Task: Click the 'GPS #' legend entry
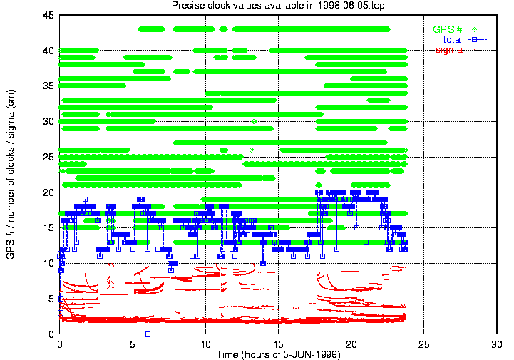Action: click(446, 29)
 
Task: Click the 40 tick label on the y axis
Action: click(48, 51)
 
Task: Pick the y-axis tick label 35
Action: click(48, 86)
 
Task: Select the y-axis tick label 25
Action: click(48, 157)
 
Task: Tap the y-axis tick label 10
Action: click(48, 263)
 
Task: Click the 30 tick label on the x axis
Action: click(498, 344)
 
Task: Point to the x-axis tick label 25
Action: click(424, 344)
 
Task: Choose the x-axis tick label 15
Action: click(278, 344)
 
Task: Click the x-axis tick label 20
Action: click(351, 344)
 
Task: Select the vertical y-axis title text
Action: click(11, 175)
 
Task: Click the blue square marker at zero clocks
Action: click(148, 334)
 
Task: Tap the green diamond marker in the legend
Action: click(473, 29)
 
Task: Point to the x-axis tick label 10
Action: click(205, 344)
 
